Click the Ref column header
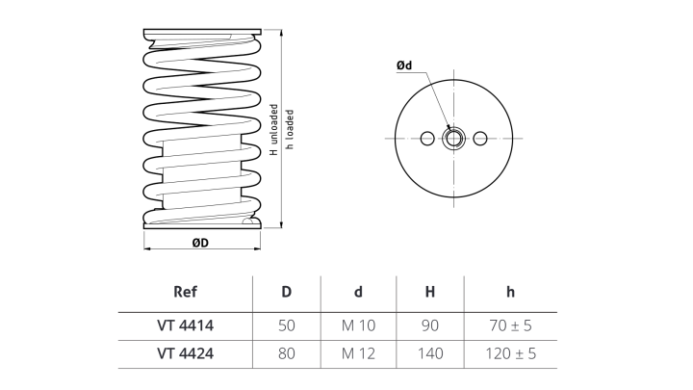[x=185, y=293]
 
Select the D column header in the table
[x=286, y=293]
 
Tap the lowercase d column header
[x=358, y=293]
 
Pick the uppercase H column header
[x=430, y=293]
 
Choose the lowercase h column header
[x=511, y=293]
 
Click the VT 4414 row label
[x=185, y=325]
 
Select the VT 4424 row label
[x=185, y=353]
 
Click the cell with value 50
[x=286, y=325]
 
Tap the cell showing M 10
[x=358, y=325]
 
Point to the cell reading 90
[x=430, y=325]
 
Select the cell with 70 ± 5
[x=511, y=325]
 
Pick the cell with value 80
[x=286, y=353]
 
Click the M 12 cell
[x=358, y=353]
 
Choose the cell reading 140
[x=430, y=353]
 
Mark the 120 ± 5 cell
[x=511, y=353]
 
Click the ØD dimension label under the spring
[x=200, y=243]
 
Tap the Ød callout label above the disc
[x=404, y=65]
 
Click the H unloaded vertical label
[x=274, y=129]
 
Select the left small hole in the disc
[x=427, y=139]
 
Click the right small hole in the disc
[x=481, y=139]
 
